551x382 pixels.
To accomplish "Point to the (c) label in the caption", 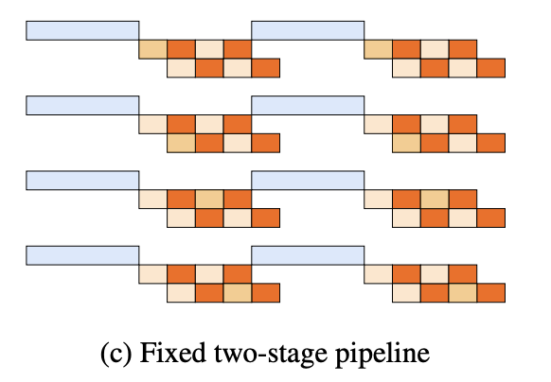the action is [116, 354].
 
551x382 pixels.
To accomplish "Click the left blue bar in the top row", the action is [82, 30].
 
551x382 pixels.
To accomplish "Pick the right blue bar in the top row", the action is [308, 30].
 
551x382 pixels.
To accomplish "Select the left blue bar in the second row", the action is [82, 105].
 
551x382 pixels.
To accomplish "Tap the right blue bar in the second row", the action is [308, 105].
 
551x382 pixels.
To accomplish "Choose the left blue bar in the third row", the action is [82, 181].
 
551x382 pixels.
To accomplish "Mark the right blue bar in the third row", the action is [308, 181].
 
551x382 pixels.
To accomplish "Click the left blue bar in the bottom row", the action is [82, 255].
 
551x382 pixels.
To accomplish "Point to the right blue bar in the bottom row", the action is [308, 255].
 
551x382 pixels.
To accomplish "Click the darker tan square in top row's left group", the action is [152, 49].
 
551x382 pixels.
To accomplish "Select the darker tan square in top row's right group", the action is [379, 49].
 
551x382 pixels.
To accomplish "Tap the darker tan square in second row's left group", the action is [182, 143].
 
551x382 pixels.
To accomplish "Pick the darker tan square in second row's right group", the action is [406, 143].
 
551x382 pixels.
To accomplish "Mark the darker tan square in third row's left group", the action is [209, 200].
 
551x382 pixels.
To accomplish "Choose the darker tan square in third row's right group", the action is [435, 200].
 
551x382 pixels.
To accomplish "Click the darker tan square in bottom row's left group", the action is [238, 293].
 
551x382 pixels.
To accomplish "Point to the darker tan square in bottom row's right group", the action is [463, 293].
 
